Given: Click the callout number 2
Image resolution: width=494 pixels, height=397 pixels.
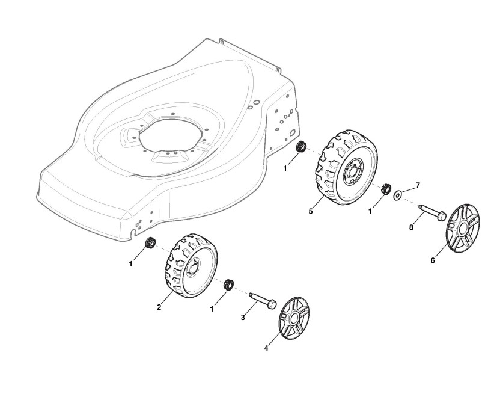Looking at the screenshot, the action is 159,307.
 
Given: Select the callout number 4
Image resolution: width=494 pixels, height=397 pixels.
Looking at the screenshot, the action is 266,348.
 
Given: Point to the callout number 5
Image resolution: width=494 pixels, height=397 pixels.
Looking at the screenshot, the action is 311,211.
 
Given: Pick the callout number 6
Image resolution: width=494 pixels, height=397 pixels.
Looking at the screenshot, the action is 433,261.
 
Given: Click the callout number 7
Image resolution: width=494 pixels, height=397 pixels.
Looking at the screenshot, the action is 418,185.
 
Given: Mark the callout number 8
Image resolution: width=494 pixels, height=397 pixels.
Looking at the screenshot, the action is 411,227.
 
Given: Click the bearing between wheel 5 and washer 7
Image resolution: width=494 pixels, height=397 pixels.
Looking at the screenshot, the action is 385,188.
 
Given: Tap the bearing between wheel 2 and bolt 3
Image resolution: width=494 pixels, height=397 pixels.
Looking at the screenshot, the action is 228,285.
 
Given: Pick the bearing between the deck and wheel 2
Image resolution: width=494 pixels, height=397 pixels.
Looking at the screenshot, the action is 150,243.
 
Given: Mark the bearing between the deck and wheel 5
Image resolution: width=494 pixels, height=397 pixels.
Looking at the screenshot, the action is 302,146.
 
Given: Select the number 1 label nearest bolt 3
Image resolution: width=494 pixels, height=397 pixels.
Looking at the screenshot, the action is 212,309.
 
